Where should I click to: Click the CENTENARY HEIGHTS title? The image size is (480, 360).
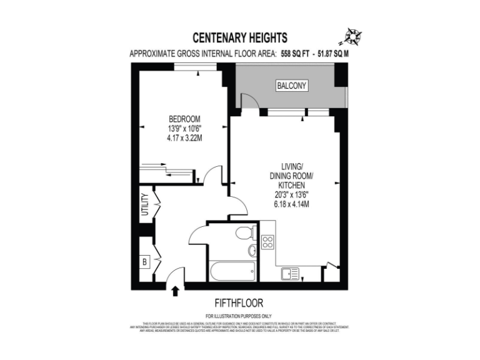click(239, 37)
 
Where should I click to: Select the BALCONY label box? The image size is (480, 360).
click(292, 86)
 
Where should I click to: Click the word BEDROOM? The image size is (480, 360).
click(184, 119)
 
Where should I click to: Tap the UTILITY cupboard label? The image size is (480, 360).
click(144, 204)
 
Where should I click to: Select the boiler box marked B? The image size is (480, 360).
click(144, 262)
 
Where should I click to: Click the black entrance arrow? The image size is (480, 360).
click(176, 290)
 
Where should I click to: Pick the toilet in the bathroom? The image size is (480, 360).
click(246, 233)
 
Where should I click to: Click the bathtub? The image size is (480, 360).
click(232, 271)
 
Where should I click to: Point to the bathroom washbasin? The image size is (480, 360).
click(252, 251)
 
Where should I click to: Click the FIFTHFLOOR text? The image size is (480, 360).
click(239, 303)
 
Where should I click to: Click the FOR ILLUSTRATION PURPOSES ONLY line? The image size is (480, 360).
click(239, 316)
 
